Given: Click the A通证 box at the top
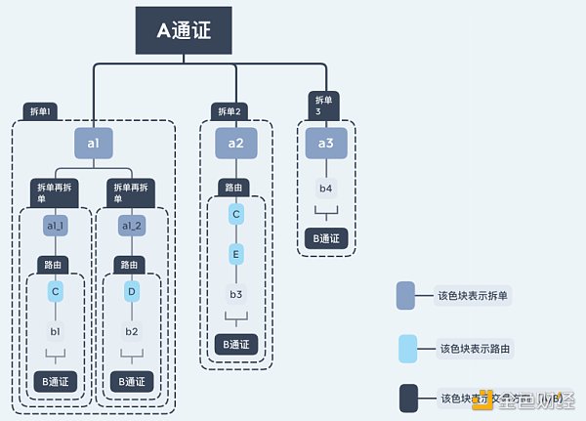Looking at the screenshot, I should (x=183, y=30).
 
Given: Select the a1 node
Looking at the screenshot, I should (x=94, y=144).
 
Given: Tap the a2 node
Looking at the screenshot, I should (x=236, y=144).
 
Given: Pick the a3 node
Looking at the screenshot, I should (x=326, y=144).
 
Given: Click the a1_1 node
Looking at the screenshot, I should (x=56, y=226).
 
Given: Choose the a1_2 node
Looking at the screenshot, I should (x=132, y=226).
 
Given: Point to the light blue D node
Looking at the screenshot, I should (x=132, y=291).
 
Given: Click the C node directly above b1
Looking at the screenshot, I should (x=56, y=291).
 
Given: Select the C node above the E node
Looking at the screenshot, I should (x=236, y=213).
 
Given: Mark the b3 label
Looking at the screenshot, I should (x=236, y=293).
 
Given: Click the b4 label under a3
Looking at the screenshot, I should (x=326, y=188).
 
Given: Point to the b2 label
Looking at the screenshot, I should (x=132, y=331).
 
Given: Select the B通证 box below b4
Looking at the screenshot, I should (x=326, y=237).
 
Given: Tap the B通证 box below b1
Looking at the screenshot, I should (x=56, y=381).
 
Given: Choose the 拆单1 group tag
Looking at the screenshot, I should (x=40, y=111).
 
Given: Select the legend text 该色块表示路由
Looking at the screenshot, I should (x=476, y=348).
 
